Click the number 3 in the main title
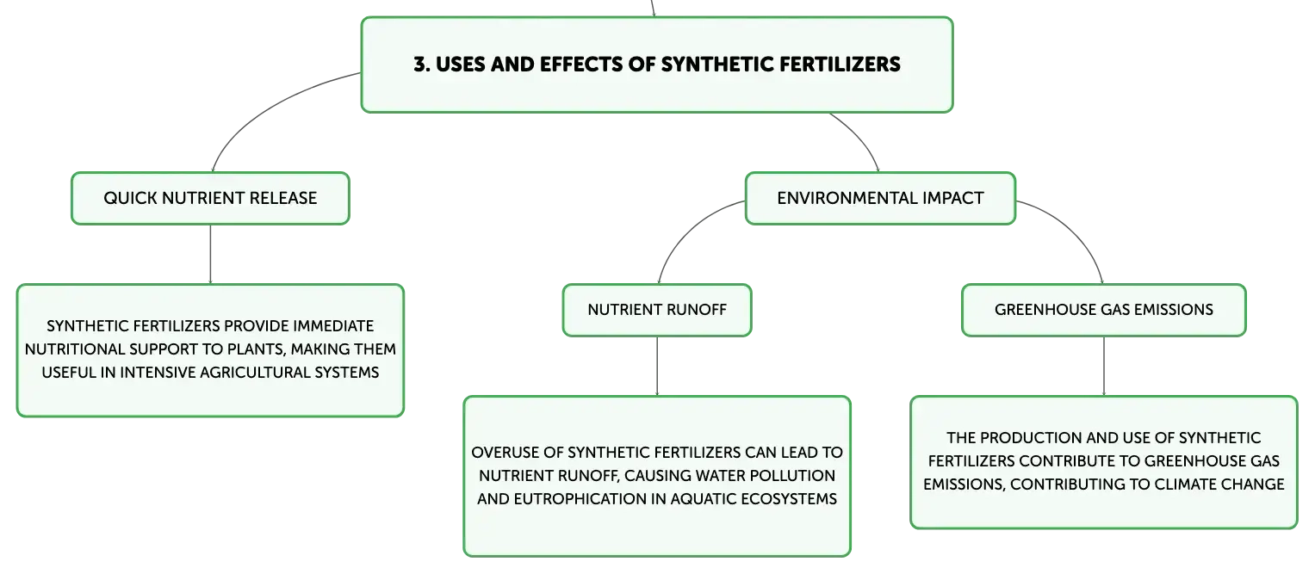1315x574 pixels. [x=419, y=65]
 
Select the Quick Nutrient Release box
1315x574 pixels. [x=210, y=199]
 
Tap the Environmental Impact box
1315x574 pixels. [x=880, y=199]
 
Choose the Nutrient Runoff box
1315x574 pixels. [x=657, y=310]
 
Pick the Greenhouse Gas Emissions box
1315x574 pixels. [x=1104, y=310]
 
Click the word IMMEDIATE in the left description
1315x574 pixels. [x=333, y=326]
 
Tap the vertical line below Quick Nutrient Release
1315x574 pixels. [x=210, y=254]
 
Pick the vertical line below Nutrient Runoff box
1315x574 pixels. [x=657, y=367]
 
